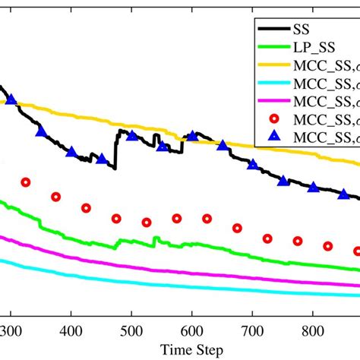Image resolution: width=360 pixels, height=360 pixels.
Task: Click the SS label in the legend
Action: pos(301,29)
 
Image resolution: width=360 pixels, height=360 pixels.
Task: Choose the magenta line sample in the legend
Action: pos(273,101)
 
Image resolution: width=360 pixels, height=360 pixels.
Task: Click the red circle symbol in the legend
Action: pos(273,119)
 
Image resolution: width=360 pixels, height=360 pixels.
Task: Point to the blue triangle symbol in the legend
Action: pos(273,137)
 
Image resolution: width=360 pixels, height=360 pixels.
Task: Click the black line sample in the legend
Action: pos(273,29)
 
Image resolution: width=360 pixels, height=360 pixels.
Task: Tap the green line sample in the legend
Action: pos(273,47)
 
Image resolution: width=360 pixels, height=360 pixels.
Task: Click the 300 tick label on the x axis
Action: pos(11,332)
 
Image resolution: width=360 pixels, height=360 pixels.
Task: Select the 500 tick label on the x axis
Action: pos(131,332)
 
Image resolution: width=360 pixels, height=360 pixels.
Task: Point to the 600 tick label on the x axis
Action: pos(191,332)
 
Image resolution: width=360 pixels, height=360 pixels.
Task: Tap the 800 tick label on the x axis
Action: pos(312,332)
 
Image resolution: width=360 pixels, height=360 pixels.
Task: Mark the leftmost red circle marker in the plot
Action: pos(26,182)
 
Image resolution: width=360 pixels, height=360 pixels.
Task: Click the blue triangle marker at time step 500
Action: pos(131,136)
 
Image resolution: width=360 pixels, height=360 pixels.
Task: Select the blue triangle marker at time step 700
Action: pos(252,164)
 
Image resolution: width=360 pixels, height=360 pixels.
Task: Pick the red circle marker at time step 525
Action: pos(147,222)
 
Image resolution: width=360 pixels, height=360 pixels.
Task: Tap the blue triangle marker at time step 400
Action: pos(71,152)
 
